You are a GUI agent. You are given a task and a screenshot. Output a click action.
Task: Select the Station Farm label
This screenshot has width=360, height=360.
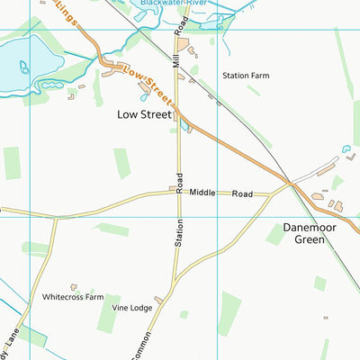tap(246, 76)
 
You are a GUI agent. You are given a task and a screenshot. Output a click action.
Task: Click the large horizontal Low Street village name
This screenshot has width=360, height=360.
tap(145, 114)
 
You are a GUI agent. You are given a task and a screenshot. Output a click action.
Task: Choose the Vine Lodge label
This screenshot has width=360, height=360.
tap(132, 307)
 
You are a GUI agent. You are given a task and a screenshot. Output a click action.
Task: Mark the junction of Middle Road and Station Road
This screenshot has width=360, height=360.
tap(178, 192)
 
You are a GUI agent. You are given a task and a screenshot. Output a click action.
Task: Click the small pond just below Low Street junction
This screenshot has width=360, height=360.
tap(184, 126)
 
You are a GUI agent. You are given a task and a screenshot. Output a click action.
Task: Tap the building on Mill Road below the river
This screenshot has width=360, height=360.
tap(184, 44)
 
